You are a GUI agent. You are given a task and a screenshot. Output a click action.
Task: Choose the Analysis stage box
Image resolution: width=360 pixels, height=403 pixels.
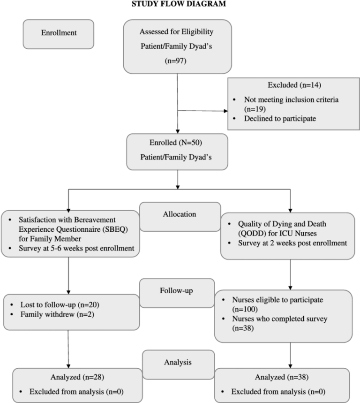[x=177, y=363]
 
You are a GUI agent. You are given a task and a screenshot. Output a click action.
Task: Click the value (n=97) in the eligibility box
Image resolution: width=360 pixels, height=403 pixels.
[x=177, y=61]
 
